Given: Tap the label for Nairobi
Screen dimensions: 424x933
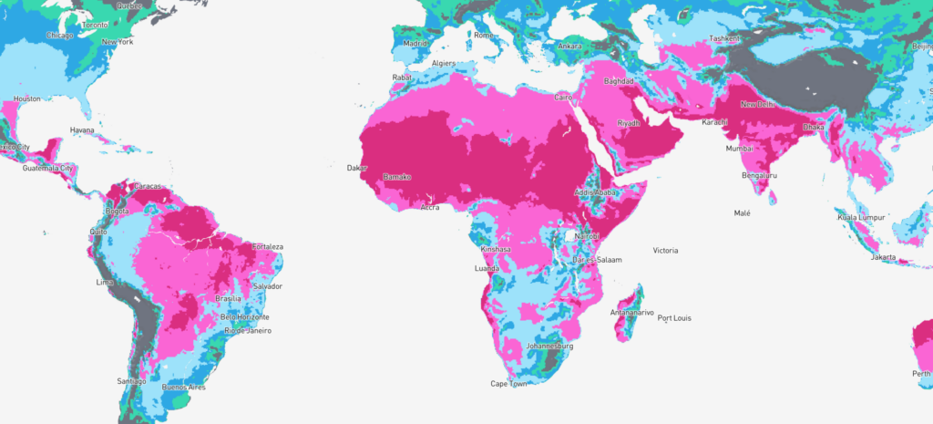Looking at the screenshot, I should point(585,235).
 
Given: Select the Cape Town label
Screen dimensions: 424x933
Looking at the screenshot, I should point(508,384).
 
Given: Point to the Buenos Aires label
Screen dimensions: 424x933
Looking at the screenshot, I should point(183,388).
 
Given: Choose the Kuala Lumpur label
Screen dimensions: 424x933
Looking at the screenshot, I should point(861,217).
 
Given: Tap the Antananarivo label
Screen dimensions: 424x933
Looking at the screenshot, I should point(632,313).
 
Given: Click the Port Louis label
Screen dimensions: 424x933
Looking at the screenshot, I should point(677,318).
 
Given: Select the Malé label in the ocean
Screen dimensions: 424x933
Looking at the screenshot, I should point(743,212).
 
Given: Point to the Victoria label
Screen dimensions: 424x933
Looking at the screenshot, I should point(667,250).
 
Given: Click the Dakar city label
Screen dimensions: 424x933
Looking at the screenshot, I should point(357,168).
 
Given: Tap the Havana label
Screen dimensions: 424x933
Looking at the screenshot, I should point(83,129).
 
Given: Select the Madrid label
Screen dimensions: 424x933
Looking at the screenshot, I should point(415,43).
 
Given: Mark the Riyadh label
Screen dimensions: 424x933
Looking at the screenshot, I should point(630,122).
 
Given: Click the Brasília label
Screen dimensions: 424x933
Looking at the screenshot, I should point(229,298).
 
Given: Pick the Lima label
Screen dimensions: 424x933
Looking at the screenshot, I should point(104,283).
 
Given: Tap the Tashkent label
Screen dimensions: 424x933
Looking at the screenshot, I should point(724,39).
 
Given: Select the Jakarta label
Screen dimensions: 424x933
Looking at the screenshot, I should point(884,257).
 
